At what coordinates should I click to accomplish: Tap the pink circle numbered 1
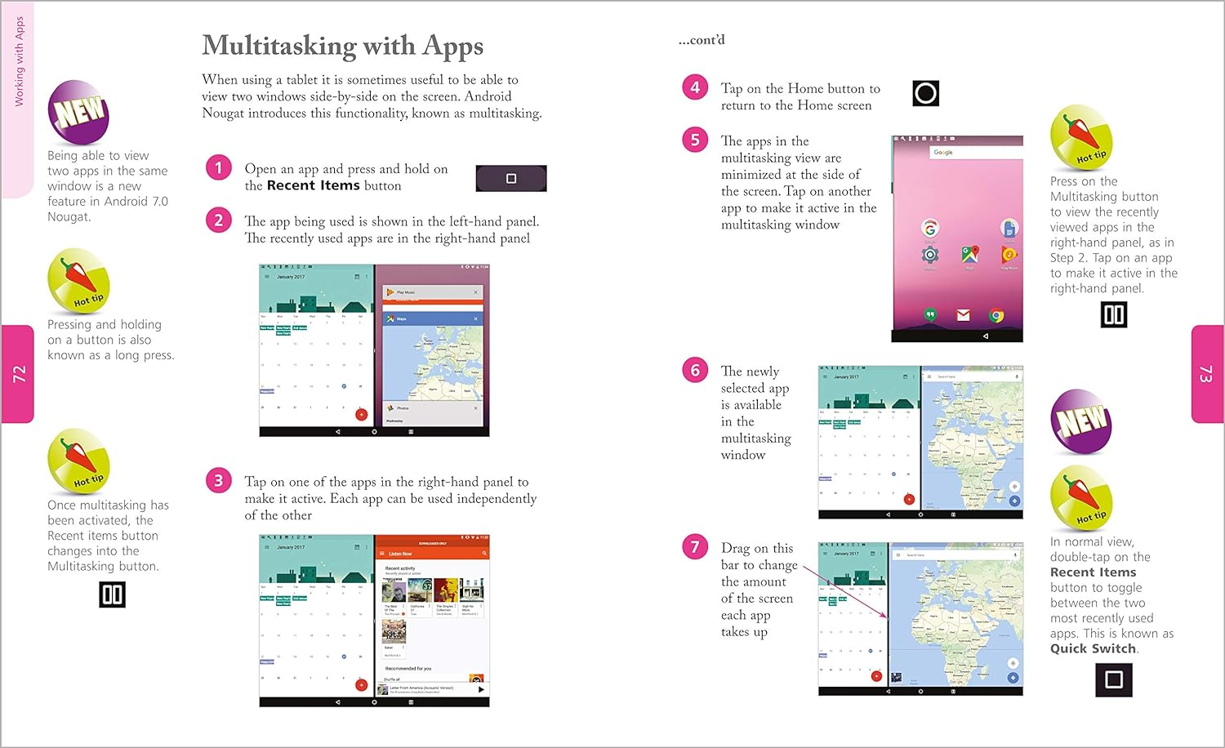(x=218, y=168)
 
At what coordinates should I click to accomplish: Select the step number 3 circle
(x=218, y=480)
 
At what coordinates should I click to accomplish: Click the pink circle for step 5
(x=695, y=140)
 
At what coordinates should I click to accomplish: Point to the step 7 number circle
(x=695, y=546)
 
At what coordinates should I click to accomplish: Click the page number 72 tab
(x=18, y=374)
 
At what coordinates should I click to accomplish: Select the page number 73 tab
(x=1206, y=374)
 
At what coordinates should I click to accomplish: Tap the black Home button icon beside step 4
(x=925, y=93)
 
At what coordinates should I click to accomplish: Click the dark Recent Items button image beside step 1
(x=511, y=178)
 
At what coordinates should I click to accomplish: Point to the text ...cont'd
(x=702, y=40)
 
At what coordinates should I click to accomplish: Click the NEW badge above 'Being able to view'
(x=78, y=113)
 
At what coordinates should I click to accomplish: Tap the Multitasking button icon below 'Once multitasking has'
(x=112, y=594)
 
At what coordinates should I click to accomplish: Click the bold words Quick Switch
(x=1093, y=648)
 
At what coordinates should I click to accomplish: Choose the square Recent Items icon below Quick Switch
(x=1113, y=679)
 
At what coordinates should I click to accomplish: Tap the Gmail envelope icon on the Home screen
(x=963, y=315)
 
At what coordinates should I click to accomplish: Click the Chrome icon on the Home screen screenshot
(x=996, y=315)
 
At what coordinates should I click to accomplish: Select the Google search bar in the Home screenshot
(x=976, y=152)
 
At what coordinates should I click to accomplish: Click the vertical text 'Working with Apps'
(x=20, y=62)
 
